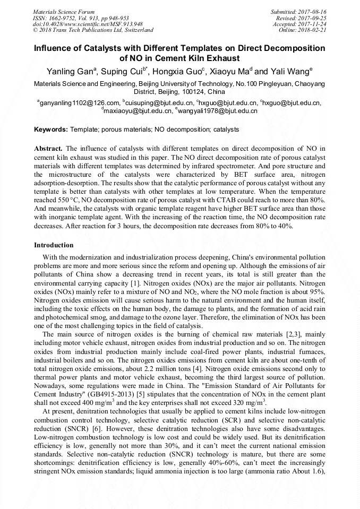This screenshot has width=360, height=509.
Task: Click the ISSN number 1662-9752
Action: tap(66, 18)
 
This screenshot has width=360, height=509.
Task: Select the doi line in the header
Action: tap(88, 24)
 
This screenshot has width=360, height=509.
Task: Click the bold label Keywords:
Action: tap(50, 130)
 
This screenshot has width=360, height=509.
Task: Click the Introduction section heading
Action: tap(54, 245)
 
